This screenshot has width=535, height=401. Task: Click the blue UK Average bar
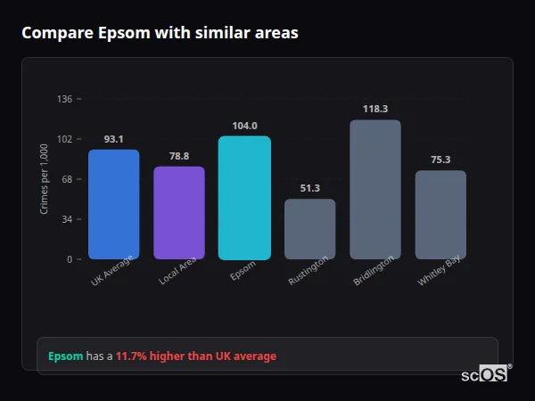(x=113, y=204)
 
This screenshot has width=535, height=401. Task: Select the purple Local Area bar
(x=179, y=213)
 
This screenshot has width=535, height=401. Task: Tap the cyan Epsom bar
(x=244, y=198)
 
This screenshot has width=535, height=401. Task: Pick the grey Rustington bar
(x=310, y=229)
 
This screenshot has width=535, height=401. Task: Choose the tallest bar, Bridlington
(x=375, y=189)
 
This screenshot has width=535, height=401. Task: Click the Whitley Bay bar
(x=440, y=215)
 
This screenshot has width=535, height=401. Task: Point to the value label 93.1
(x=113, y=139)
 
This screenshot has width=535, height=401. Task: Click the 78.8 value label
(x=179, y=156)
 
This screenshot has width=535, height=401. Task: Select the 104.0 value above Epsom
(x=244, y=126)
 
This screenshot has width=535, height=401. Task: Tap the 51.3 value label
(x=310, y=188)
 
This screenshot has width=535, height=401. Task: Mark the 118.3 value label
(x=375, y=109)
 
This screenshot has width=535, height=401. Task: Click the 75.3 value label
(x=440, y=160)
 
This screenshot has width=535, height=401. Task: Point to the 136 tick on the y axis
(x=64, y=99)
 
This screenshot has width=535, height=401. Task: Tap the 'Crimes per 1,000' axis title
(x=45, y=179)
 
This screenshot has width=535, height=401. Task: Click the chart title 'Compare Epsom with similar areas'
(x=160, y=33)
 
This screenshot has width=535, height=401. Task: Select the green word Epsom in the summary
(x=65, y=356)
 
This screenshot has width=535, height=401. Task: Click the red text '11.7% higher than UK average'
(x=196, y=356)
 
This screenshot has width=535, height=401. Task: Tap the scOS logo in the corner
(x=485, y=374)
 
